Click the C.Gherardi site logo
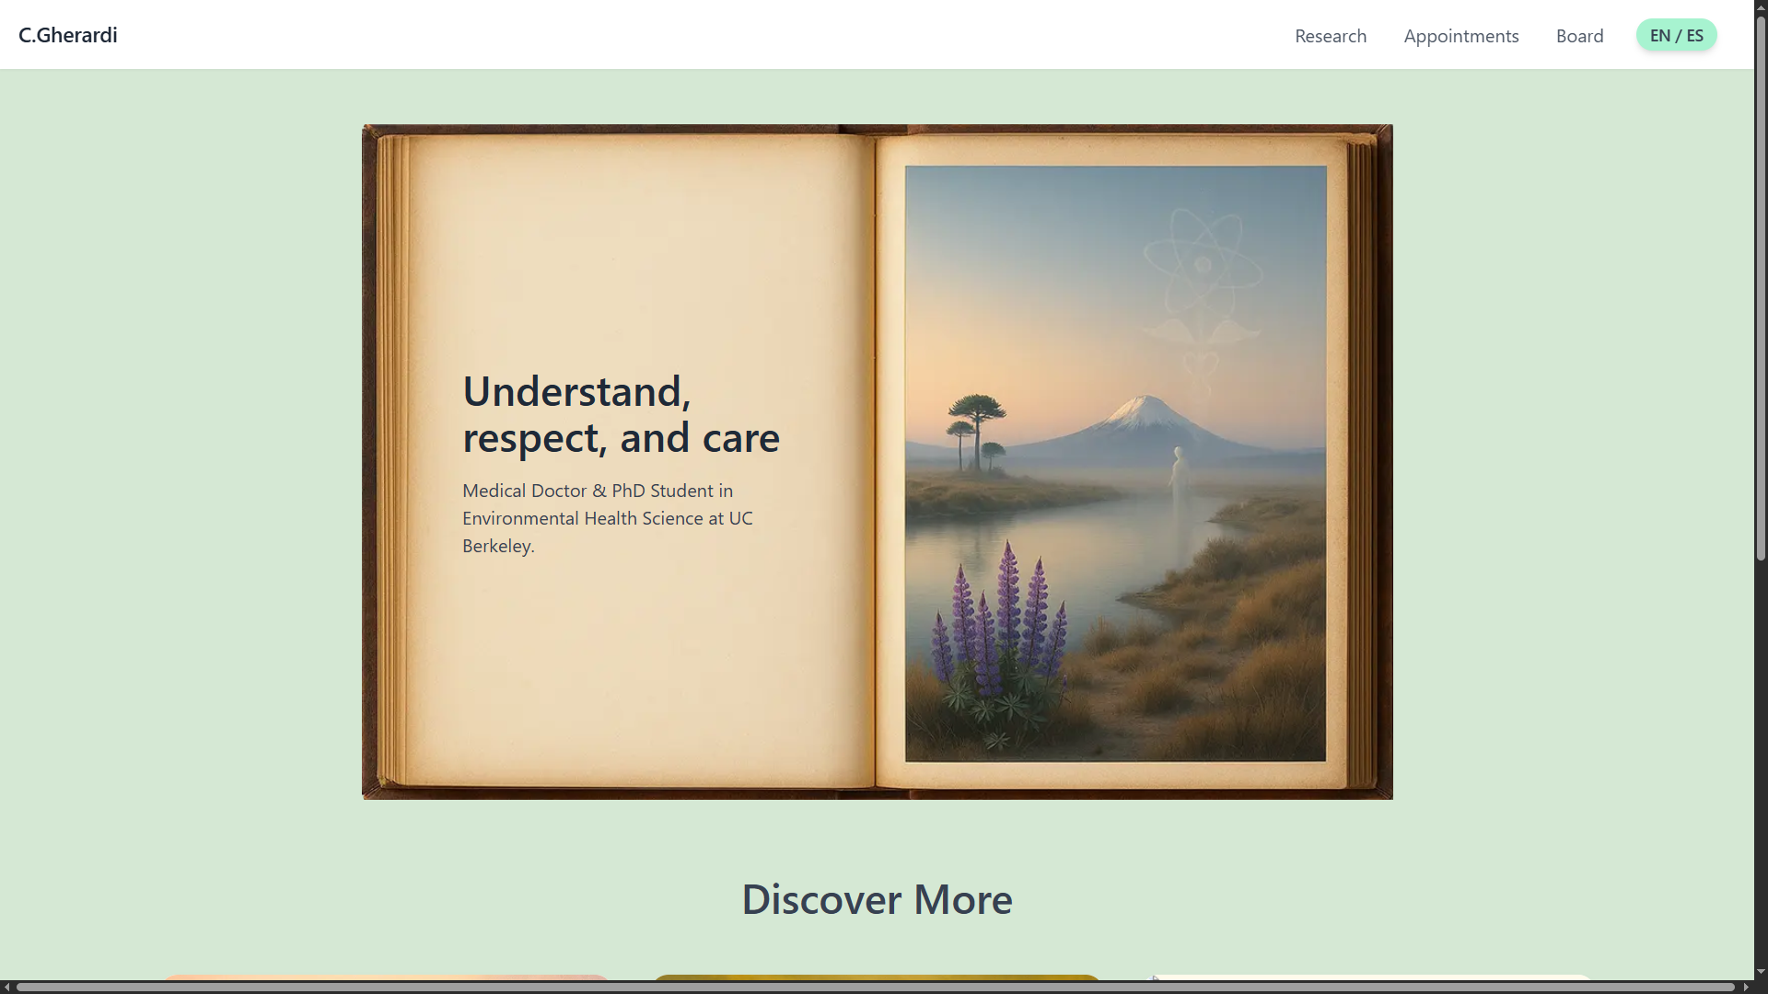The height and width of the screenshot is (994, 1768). pyautogui.click(x=68, y=35)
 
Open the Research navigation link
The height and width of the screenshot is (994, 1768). pyautogui.click(x=1331, y=36)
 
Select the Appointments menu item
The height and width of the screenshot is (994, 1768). pyautogui.click(x=1461, y=36)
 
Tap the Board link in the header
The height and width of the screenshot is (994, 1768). pyautogui.click(x=1580, y=36)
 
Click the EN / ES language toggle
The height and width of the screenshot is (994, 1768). pyautogui.click(x=1677, y=35)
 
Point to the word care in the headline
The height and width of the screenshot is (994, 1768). pyautogui.click(x=741, y=439)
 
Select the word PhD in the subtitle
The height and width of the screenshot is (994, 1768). pyautogui.click(x=629, y=491)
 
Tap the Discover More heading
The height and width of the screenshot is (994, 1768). pyautogui.click(x=877, y=899)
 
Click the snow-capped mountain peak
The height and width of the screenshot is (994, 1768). pyautogui.click(x=1145, y=405)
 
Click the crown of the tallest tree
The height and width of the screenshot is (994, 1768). pyautogui.click(x=976, y=407)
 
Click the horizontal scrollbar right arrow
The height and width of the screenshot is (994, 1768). pyautogui.click(x=1746, y=987)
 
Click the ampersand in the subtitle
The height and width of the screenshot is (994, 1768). pyautogui.click(x=599, y=491)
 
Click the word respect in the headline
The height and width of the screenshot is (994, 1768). pyautogui.click(x=534, y=439)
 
